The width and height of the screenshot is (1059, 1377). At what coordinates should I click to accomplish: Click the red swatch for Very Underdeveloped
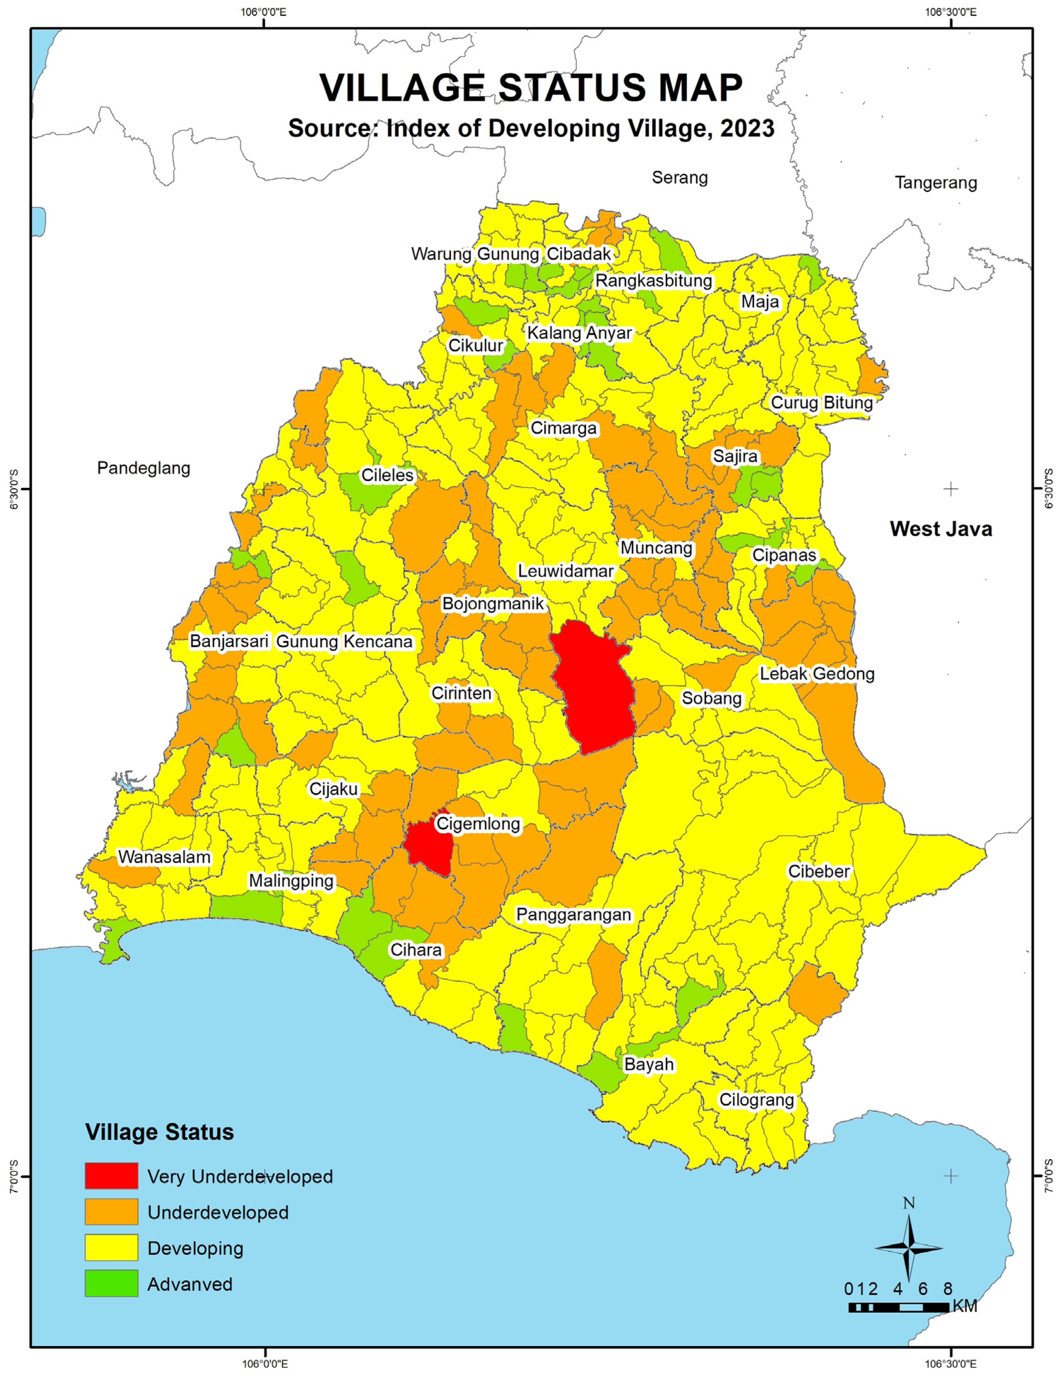click(x=112, y=1176)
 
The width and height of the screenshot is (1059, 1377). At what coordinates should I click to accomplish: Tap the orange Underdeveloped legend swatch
click(x=112, y=1212)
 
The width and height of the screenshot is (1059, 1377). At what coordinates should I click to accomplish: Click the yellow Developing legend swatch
click(x=112, y=1248)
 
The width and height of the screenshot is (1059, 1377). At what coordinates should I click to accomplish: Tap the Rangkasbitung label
click(x=654, y=281)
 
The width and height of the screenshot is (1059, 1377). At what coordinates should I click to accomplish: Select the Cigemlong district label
click(x=478, y=823)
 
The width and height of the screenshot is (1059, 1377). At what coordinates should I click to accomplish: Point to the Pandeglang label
click(x=144, y=468)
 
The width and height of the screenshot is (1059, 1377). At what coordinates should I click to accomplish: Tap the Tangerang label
click(x=936, y=183)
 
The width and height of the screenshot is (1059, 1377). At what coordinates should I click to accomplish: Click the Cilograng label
click(x=756, y=1099)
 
